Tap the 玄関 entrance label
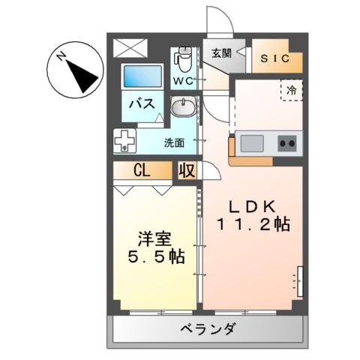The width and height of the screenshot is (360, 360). click(x=220, y=52)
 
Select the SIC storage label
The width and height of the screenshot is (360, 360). click(x=277, y=58)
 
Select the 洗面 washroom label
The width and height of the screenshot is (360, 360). click(x=175, y=141)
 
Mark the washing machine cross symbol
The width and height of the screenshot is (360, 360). click(x=125, y=141)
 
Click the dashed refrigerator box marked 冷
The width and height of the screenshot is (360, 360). click(x=291, y=89)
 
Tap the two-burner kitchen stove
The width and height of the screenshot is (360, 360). click(x=286, y=141)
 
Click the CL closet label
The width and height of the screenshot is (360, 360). click(x=142, y=170)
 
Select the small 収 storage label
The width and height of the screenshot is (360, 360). click(x=187, y=170)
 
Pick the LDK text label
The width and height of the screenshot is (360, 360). click(x=253, y=206)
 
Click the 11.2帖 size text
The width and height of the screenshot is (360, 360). click(x=253, y=224)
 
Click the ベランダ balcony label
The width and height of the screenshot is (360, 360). click(x=208, y=328)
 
